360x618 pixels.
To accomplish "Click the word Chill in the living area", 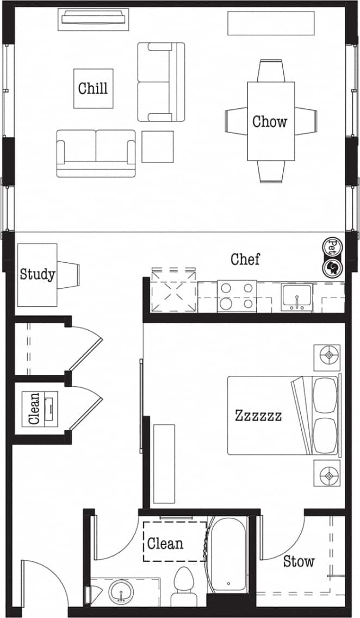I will (x=93, y=88).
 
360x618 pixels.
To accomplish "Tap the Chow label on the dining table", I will (x=270, y=121).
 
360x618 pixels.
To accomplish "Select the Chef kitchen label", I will (x=245, y=259).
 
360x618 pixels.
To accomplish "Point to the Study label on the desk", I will (x=37, y=274).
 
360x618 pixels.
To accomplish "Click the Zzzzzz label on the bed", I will (x=258, y=416).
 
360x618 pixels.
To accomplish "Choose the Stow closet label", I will (x=299, y=561).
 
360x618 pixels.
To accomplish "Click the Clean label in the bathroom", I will (x=165, y=543).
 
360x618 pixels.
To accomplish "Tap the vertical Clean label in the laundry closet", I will (x=34, y=409).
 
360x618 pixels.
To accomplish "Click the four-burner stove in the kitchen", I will (x=237, y=296).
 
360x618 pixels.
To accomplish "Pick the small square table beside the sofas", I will (x=157, y=146).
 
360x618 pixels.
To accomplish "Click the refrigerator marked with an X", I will (x=174, y=292).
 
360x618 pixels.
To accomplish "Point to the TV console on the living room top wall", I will (x=94, y=19).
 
